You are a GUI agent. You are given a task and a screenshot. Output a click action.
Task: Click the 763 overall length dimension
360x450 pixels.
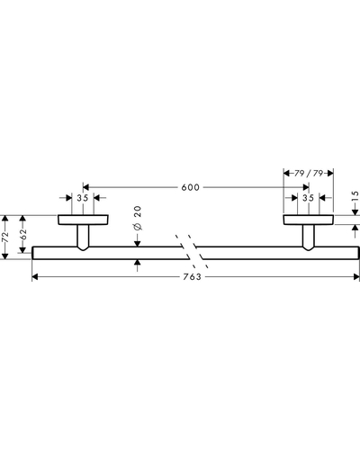click(x=192, y=276)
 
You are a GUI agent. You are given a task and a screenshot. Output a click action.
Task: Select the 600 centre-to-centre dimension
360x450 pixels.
click(x=191, y=187)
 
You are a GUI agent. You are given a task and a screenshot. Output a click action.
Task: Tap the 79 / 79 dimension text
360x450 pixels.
click(x=309, y=174)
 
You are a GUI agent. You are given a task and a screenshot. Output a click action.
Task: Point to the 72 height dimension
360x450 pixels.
click(x=4, y=237)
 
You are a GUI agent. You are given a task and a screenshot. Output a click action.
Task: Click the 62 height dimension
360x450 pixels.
click(x=23, y=234)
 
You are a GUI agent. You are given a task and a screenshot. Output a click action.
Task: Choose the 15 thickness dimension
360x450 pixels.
click(x=355, y=195)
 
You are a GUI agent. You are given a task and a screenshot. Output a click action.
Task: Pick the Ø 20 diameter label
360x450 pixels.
click(x=138, y=218)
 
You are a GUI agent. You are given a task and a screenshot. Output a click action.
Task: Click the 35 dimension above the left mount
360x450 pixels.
click(x=83, y=198)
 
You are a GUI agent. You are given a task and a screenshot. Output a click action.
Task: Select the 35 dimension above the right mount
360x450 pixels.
click(x=308, y=198)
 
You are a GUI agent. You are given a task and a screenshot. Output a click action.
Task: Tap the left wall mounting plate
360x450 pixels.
click(x=83, y=220)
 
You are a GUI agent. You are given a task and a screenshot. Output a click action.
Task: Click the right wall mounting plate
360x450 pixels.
click(x=308, y=220)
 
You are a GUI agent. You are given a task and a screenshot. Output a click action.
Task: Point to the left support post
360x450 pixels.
click(x=83, y=238)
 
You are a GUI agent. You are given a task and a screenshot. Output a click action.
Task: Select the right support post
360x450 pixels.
click(x=309, y=238)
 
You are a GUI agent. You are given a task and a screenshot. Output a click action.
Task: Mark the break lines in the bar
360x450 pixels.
click(x=192, y=251)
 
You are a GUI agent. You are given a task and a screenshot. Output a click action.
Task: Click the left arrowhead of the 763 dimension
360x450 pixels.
click(x=35, y=276)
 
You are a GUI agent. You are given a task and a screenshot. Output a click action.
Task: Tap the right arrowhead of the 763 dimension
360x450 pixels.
click(x=356, y=276)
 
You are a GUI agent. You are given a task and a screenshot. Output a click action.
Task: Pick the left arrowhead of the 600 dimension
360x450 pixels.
click(x=86, y=187)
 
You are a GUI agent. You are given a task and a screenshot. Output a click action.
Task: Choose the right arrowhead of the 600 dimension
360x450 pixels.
click(x=306, y=187)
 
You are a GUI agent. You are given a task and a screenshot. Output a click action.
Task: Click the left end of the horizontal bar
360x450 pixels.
click(x=32, y=253)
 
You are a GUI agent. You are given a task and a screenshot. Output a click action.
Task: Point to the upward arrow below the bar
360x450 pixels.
click(x=138, y=265)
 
